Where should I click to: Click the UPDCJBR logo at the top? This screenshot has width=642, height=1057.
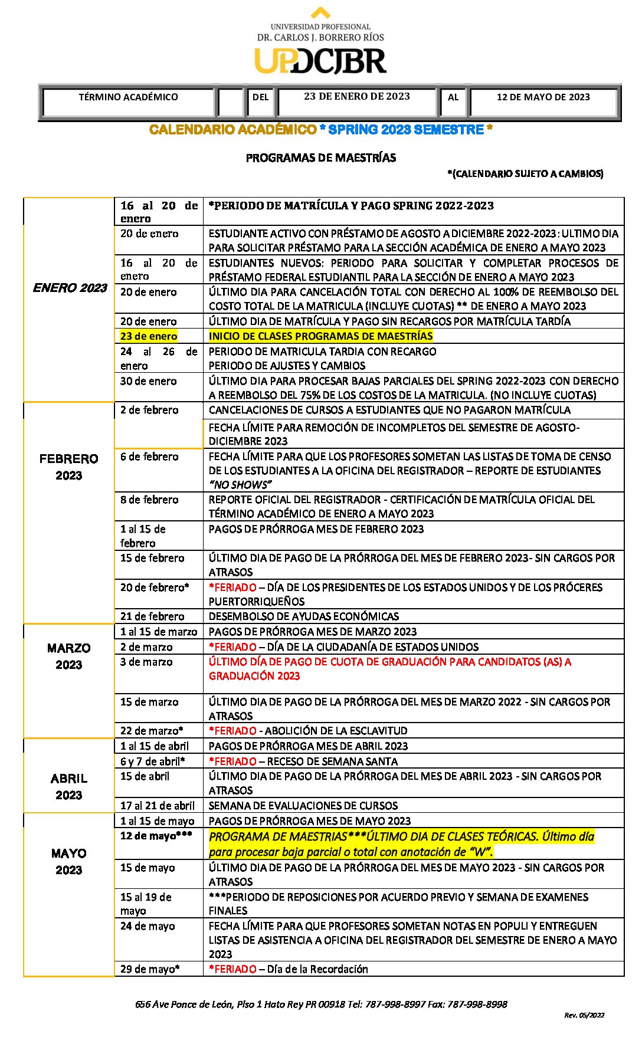[x=320, y=61]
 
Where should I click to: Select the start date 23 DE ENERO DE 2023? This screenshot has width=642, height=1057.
[x=356, y=97]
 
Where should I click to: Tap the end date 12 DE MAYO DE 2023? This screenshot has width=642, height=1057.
[x=543, y=97]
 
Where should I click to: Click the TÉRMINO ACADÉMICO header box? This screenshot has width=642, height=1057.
[x=128, y=97]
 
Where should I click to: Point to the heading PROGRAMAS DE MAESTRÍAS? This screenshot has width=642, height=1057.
[x=321, y=158]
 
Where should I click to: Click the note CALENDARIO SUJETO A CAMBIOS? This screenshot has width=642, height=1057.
[x=525, y=173]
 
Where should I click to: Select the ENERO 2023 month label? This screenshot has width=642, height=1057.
[x=70, y=288]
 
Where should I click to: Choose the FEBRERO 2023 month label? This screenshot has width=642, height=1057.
[x=68, y=467]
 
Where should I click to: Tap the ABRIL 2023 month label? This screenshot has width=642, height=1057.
[x=68, y=786]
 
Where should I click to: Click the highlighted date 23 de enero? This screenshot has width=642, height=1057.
[x=149, y=336]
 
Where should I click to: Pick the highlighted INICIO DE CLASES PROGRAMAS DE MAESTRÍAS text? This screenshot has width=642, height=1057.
[x=320, y=336]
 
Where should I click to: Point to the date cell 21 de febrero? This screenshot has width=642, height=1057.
[x=152, y=616]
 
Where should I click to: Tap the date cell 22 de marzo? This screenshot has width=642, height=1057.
[x=152, y=731]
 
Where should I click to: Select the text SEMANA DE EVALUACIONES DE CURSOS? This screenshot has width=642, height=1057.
[x=303, y=806]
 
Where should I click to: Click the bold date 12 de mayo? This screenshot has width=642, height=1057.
[x=156, y=836]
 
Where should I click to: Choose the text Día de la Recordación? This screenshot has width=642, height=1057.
[x=317, y=969]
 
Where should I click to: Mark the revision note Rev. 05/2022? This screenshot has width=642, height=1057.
[x=584, y=1015]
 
